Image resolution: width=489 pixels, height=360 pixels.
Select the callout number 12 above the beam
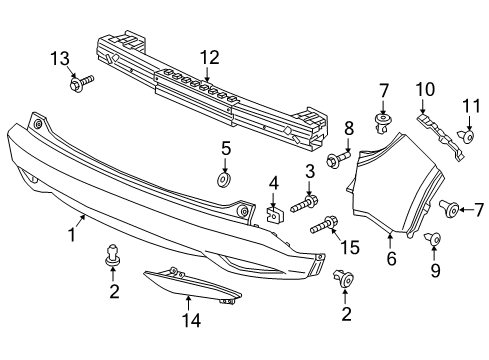[x=207, y=57]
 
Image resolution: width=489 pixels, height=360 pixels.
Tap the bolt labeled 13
[x=82, y=82]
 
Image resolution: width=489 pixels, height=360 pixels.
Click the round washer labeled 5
[x=224, y=180]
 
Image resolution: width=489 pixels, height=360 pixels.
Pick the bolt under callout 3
[x=304, y=205]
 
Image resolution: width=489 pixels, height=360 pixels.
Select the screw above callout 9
[x=433, y=238]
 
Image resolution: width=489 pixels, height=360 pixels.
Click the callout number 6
[x=391, y=259]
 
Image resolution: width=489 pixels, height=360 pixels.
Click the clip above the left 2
[x=112, y=256]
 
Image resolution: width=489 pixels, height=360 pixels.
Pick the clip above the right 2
[x=347, y=280]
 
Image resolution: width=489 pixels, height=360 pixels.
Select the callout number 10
[x=421, y=89]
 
